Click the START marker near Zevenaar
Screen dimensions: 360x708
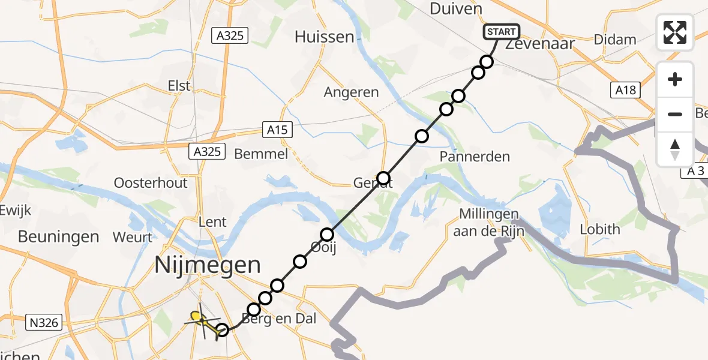(500, 32)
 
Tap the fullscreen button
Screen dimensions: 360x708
(675, 32)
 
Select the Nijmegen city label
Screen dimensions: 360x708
(208, 265)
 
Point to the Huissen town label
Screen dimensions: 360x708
(325, 37)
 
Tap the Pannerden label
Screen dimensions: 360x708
(475, 157)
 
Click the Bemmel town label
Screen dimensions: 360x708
(261, 154)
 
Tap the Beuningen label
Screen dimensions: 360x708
(58, 236)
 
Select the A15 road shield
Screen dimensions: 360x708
(277, 130)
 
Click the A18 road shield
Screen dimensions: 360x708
(625, 90)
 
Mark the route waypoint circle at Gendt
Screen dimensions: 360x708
(383, 178)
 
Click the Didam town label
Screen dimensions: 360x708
(615, 40)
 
